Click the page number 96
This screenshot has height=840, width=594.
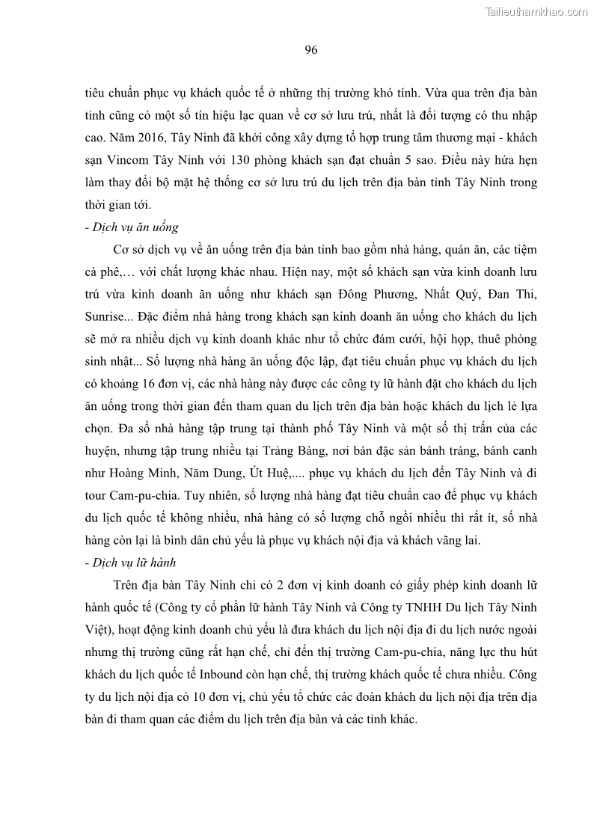pos(311,50)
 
